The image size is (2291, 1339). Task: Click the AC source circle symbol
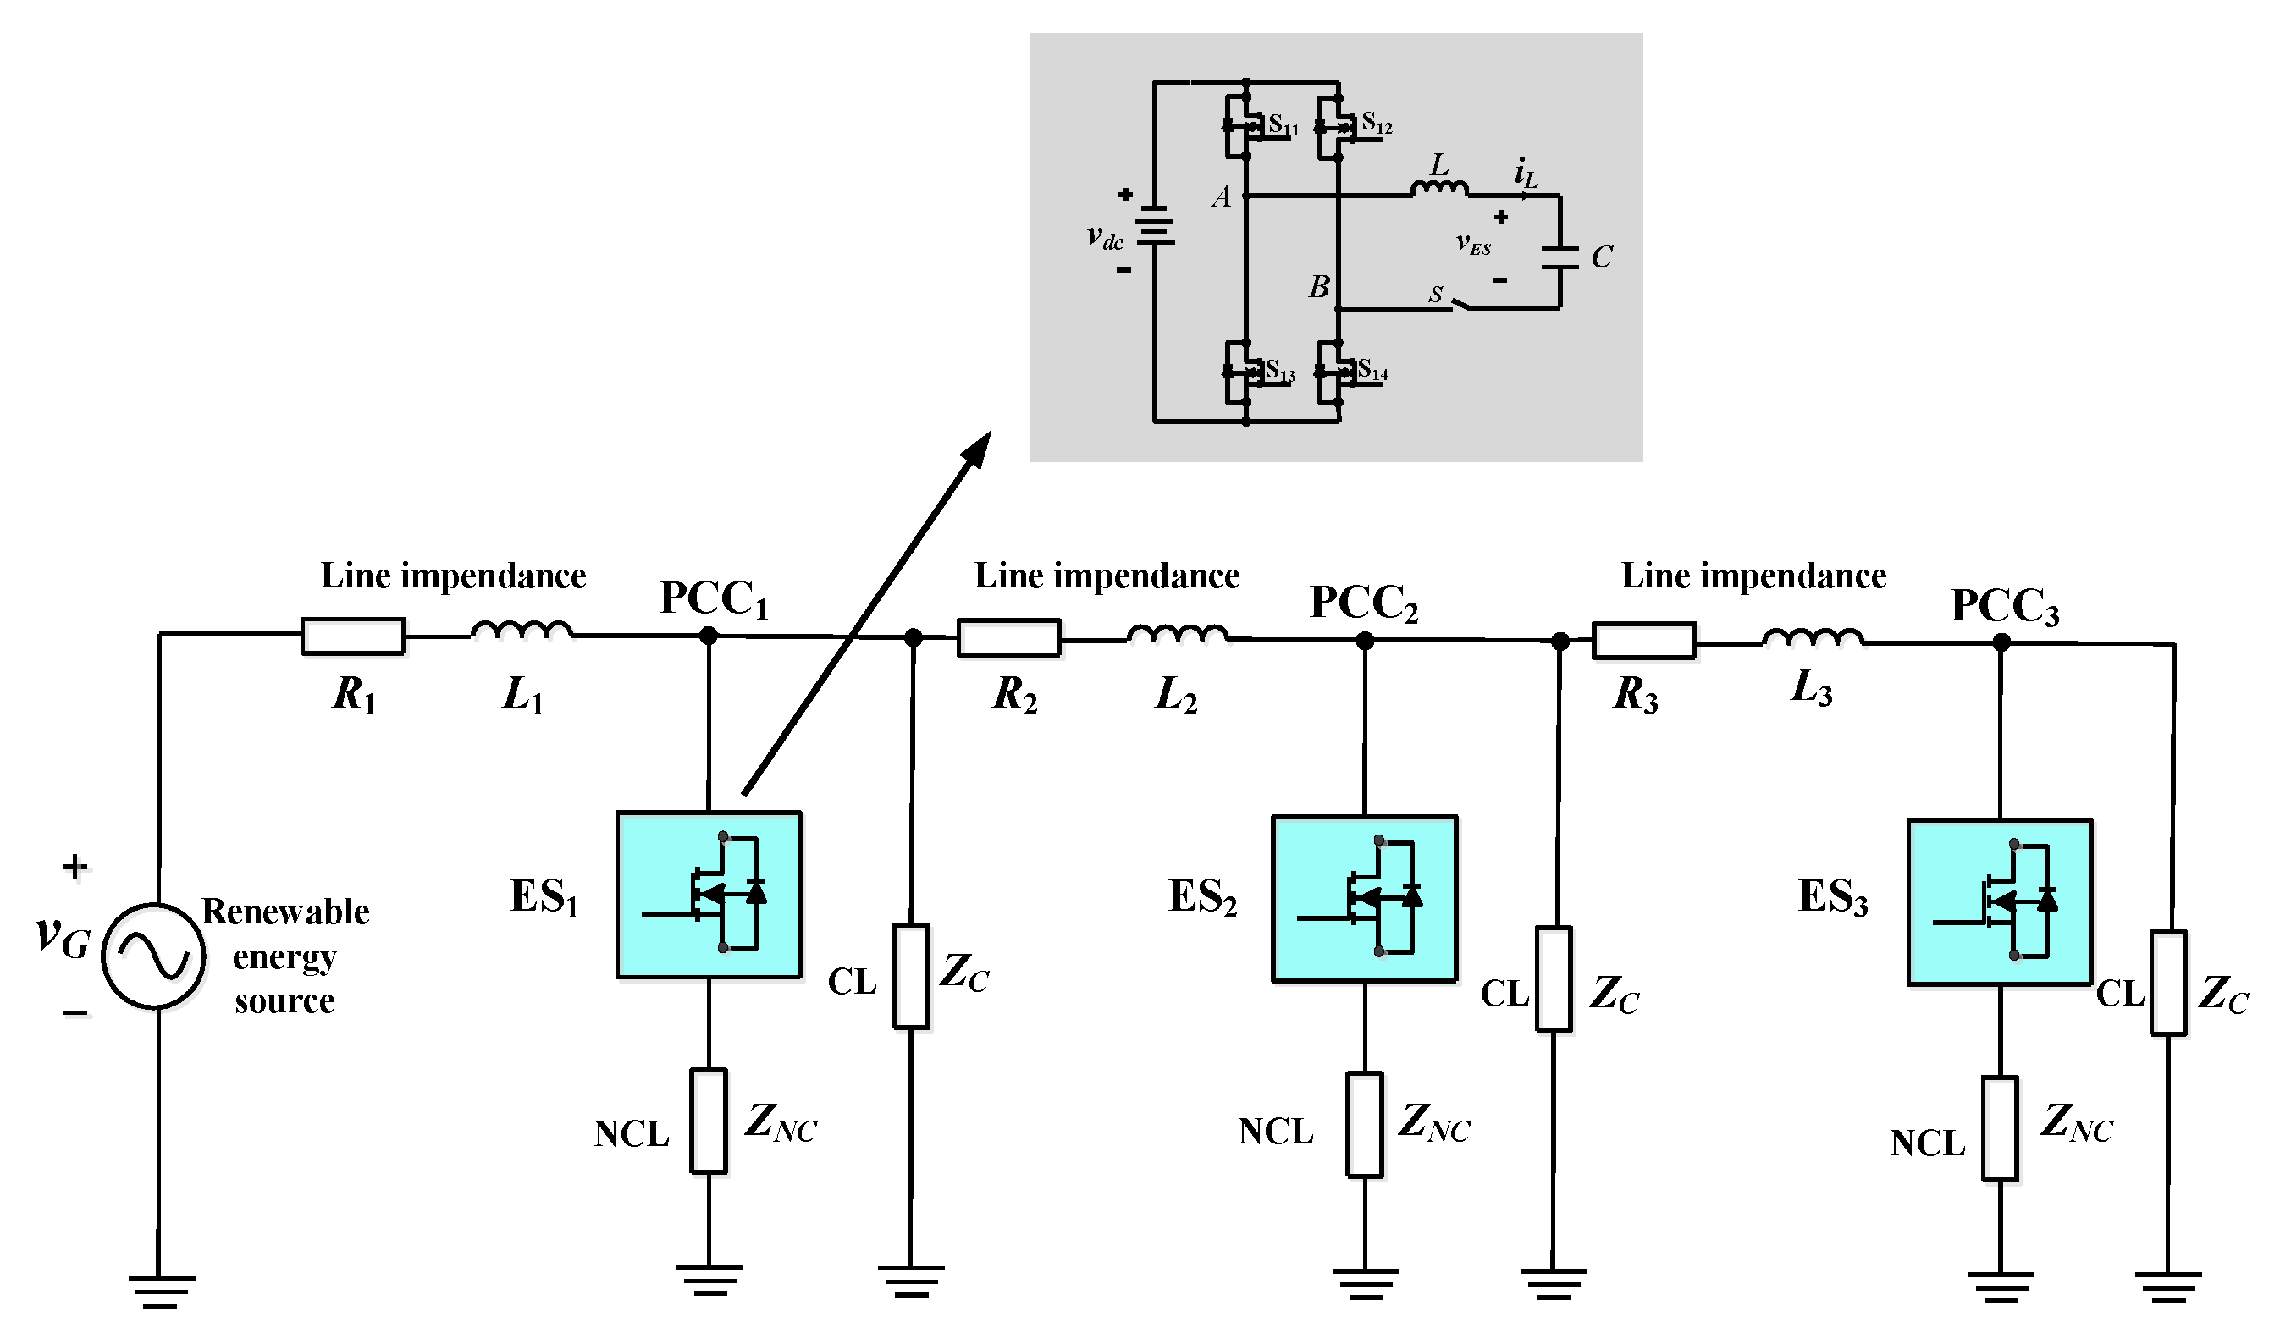tap(153, 956)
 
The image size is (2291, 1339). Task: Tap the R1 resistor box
tap(353, 636)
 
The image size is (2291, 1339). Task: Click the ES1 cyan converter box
tap(708, 895)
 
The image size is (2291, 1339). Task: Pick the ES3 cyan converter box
tap(1999, 901)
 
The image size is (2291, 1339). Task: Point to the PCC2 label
tap(1363, 602)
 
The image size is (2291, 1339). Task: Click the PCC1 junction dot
tap(708, 636)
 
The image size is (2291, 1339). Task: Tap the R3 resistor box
tap(1642, 640)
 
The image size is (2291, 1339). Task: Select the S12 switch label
tap(1377, 124)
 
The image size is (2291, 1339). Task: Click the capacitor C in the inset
tap(1560, 256)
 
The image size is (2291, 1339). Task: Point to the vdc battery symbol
tap(1154, 225)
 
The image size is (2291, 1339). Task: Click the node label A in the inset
tap(1222, 196)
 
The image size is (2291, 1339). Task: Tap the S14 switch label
tap(1372, 371)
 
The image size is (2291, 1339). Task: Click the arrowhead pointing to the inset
tap(978, 448)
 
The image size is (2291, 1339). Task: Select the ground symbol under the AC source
tap(161, 1291)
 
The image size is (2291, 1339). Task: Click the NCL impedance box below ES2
tap(1364, 1125)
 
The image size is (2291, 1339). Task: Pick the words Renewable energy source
tap(285, 956)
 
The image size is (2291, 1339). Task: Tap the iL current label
tap(1526, 173)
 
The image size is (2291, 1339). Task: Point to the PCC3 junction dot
tap(2001, 642)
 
